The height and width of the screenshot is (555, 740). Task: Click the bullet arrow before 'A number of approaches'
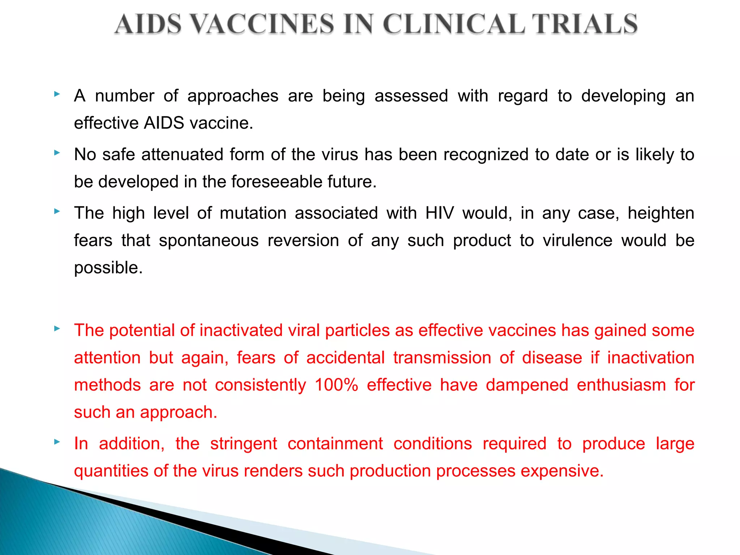coord(57,94)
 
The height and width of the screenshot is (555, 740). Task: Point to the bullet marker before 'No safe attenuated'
coord(57,153)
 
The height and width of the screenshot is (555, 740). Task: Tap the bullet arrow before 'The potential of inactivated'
coord(57,328)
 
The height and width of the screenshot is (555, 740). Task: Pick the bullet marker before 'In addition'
coord(57,442)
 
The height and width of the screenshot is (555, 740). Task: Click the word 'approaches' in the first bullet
coord(233,96)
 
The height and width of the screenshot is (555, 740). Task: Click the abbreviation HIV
coord(439,213)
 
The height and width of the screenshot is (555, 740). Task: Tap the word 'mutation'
coord(253,213)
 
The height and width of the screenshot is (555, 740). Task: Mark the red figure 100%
coord(336,385)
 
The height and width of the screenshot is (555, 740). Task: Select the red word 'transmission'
coord(442,358)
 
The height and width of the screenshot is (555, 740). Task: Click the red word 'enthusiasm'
coord(621,385)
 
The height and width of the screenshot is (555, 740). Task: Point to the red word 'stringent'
coord(244,444)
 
